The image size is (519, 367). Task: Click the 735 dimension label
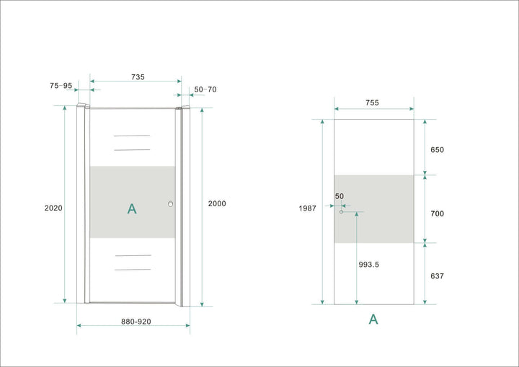click(137, 76)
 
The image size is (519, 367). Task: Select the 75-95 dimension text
click(61, 85)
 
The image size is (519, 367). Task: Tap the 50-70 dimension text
click(205, 89)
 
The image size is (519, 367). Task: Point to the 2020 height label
click(53, 208)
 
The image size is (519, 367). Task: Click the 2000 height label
click(216, 203)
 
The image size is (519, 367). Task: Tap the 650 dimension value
click(437, 150)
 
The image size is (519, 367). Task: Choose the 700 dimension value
click(437, 213)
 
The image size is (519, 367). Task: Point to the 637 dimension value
click(437, 275)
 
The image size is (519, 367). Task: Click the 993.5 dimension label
click(368, 265)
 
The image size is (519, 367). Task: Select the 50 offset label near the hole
click(340, 196)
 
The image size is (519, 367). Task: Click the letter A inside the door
click(132, 209)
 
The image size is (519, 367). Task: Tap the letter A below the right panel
click(373, 319)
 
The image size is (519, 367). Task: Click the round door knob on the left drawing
click(171, 205)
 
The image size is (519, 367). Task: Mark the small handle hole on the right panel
click(341, 211)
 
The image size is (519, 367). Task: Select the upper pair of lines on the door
click(132, 142)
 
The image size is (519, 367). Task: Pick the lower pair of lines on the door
click(132, 262)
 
